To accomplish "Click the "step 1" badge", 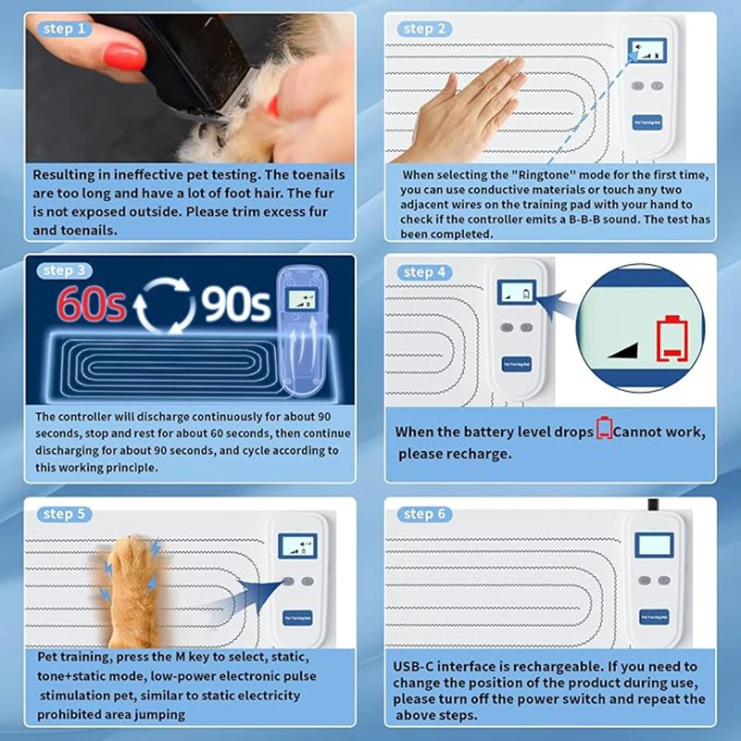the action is (x=64, y=29).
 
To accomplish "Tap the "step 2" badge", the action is (x=424, y=29).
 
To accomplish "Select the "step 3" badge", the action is (x=64, y=270).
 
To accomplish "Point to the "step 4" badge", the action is (x=424, y=272).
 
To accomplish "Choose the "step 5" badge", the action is (x=64, y=514).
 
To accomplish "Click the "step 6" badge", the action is (x=424, y=514).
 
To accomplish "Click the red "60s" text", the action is (x=91, y=304).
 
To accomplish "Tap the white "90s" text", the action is (x=236, y=304).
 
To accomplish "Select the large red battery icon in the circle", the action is (x=672, y=338).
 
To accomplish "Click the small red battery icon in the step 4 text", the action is (x=604, y=428).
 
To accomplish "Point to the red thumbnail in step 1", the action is (x=123, y=57).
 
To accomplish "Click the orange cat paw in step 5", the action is (x=131, y=591).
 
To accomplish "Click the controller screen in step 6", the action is (x=654, y=546).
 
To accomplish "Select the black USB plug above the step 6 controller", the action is (x=654, y=504).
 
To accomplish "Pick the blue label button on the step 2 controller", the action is (x=647, y=122).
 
